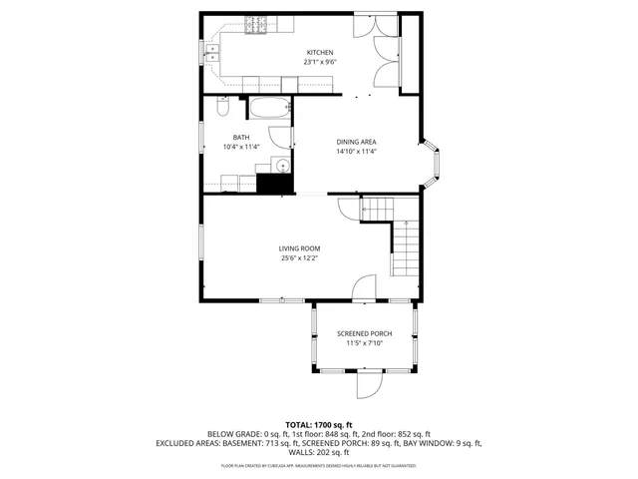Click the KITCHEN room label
point(319,52)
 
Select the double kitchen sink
point(212,53)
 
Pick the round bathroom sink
point(281,166)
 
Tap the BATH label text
point(241,138)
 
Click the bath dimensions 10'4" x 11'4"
point(241,148)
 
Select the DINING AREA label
point(355,142)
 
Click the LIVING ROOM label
point(299,248)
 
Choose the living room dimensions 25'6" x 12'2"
point(299,258)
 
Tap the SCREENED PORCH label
point(364,333)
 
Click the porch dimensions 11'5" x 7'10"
point(364,343)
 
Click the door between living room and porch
point(365,288)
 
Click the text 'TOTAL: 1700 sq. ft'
point(319,424)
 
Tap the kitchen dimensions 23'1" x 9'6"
point(319,62)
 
